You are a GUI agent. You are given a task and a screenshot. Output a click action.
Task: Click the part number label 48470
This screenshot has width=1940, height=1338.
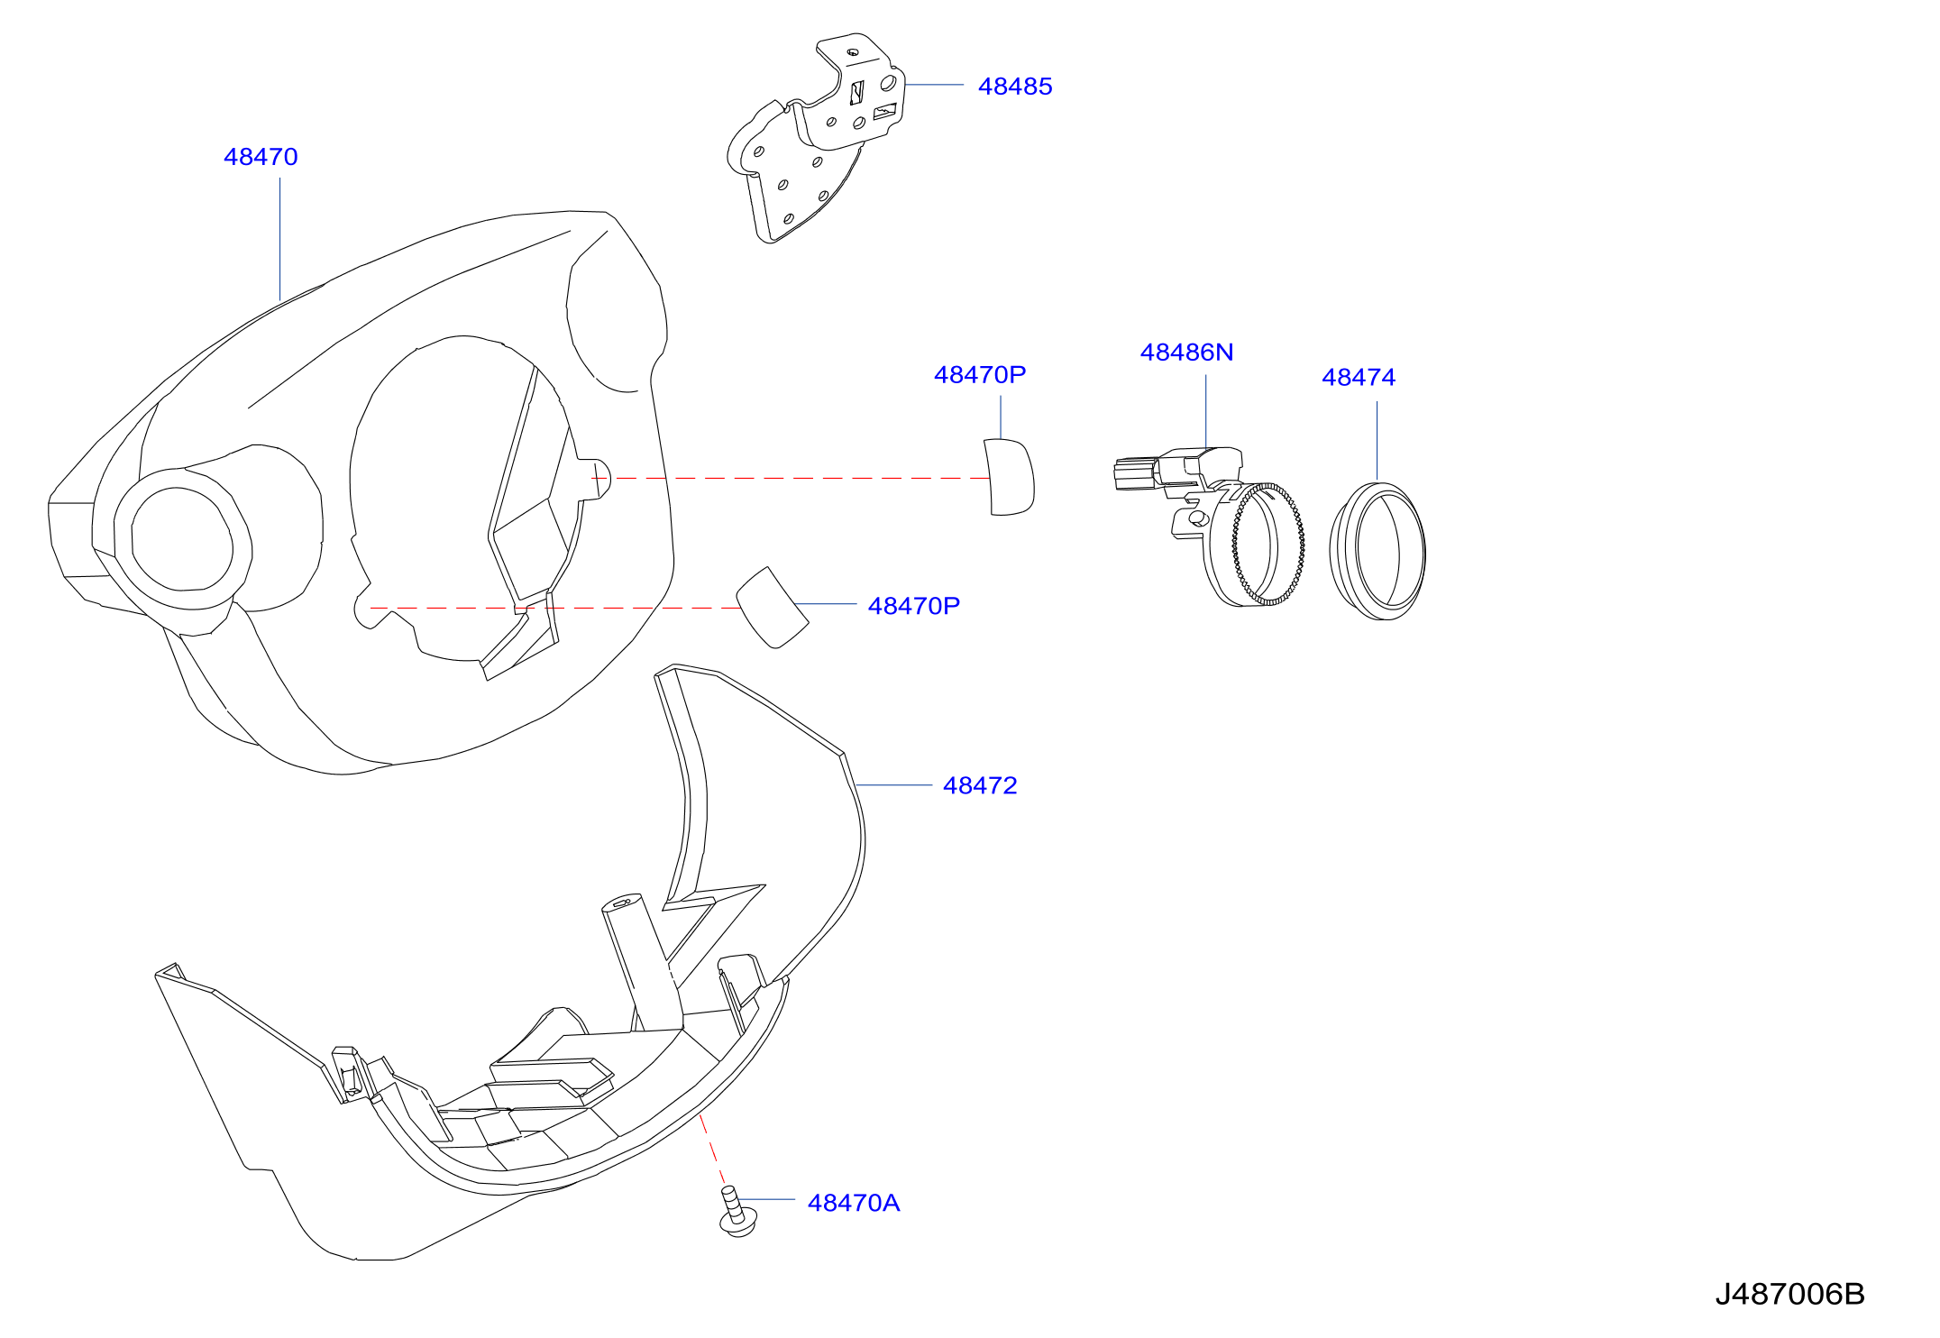261,157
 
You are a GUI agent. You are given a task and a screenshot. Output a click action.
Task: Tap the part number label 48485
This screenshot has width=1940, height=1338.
1015,87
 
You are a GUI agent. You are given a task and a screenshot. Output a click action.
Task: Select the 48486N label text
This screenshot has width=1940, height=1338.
1186,353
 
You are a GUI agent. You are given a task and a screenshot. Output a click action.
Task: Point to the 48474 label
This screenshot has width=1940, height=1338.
1359,378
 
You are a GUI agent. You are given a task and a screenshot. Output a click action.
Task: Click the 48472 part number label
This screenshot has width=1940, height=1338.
980,786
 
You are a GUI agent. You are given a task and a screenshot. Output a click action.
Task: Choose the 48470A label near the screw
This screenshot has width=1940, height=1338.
854,1204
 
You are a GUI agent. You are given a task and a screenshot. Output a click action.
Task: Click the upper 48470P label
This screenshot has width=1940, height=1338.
980,375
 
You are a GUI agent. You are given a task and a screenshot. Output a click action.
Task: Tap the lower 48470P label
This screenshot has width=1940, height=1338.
914,607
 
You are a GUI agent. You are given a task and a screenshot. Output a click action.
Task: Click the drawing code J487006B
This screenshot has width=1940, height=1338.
1789,1295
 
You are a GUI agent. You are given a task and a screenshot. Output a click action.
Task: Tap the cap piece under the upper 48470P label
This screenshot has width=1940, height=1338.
1009,477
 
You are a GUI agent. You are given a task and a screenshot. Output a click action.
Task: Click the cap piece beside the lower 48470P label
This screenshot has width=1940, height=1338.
772,607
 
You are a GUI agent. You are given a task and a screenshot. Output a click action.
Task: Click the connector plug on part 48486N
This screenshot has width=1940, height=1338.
1136,473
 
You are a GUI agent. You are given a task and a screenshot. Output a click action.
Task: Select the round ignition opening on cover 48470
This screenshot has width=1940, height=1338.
181,539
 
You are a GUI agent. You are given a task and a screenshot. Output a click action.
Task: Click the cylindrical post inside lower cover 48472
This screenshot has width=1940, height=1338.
640,960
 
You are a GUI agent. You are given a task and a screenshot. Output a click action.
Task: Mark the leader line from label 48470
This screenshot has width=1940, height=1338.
279,239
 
